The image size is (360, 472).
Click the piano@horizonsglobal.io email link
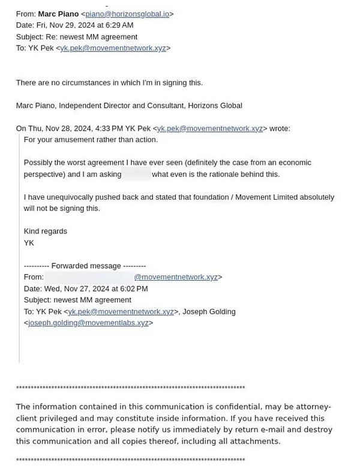pyautogui.click(x=127, y=14)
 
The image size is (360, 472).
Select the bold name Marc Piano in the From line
pyautogui.click(x=58, y=14)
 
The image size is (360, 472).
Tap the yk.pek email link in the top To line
pyautogui.click(x=113, y=48)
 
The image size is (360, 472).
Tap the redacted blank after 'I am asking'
pyautogui.click(x=136, y=175)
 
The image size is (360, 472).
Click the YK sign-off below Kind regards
pyautogui.click(x=29, y=243)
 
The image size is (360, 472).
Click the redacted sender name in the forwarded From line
pyautogui.click(x=89, y=277)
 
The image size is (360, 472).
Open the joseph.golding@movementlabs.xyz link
pyautogui.click(x=88, y=323)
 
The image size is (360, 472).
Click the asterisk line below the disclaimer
pyautogui.click(x=130, y=461)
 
